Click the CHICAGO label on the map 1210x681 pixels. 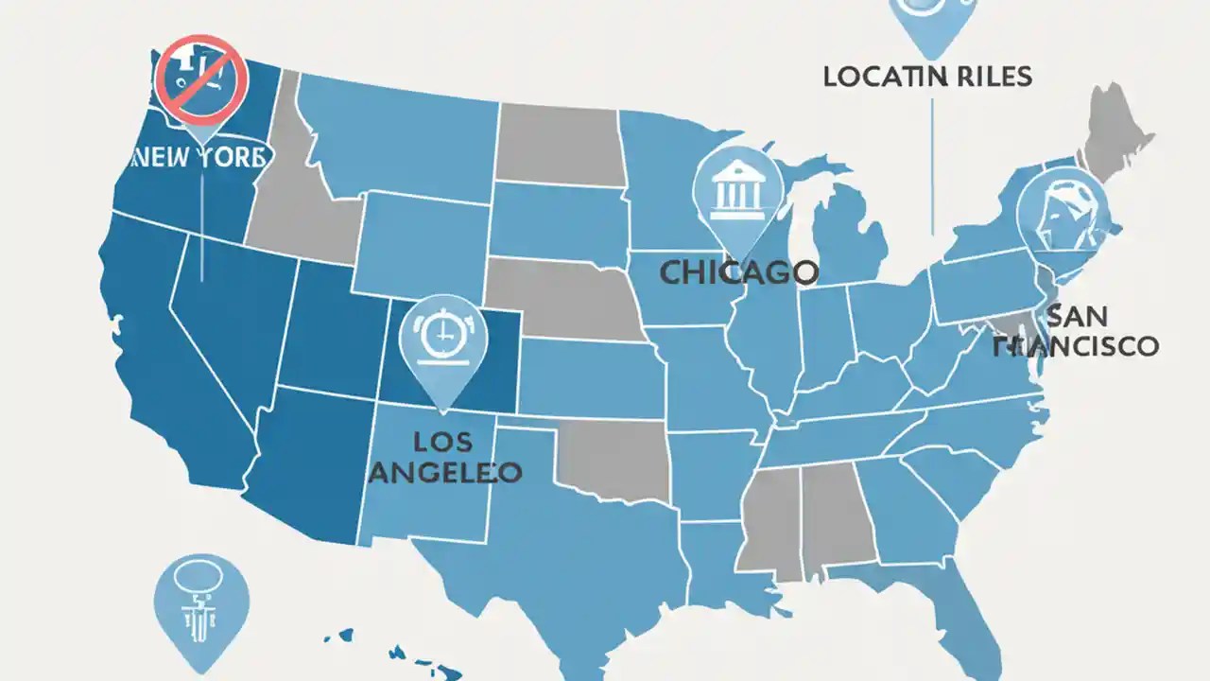[x=738, y=273]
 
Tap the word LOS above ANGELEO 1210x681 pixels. [x=441, y=441]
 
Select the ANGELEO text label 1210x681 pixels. [x=444, y=471]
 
